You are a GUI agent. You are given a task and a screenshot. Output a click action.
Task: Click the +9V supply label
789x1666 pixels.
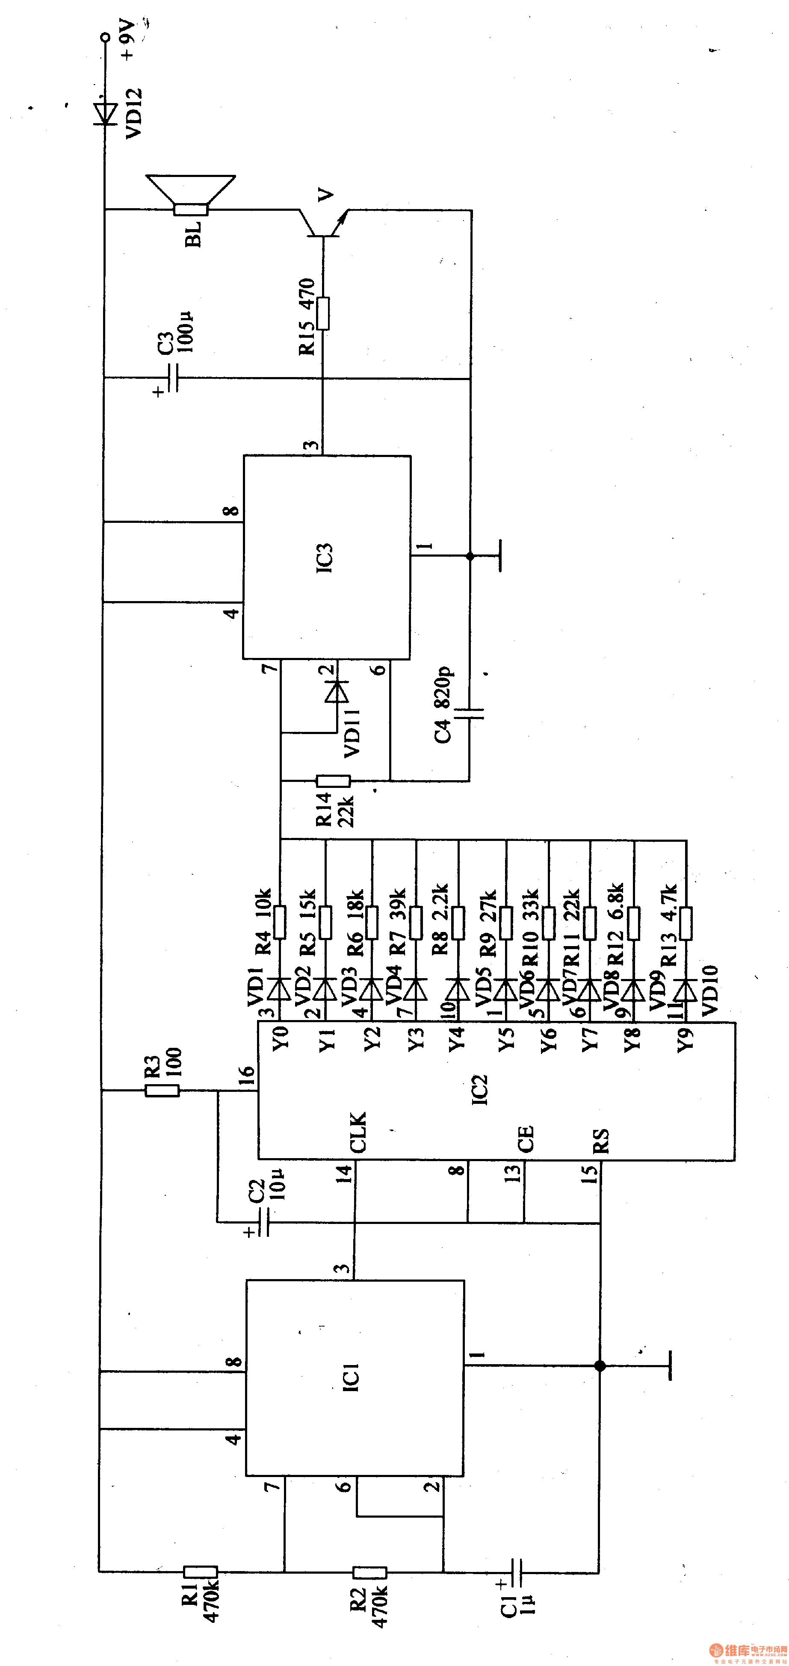[x=129, y=40]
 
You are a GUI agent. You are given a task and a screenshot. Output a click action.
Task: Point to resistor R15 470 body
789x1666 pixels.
[x=323, y=314]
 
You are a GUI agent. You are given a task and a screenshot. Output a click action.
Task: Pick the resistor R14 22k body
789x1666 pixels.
[x=333, y=781]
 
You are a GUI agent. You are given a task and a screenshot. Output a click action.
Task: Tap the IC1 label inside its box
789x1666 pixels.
[x=350, y=1377]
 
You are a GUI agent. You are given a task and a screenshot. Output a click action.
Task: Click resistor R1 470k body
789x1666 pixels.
[x=201, y=1572]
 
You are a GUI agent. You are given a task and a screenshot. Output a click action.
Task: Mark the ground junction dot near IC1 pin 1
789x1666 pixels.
[x=600, y=1366]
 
